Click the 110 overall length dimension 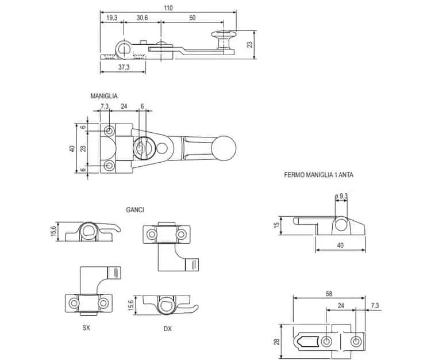click(168, 7)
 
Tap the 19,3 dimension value click(111, 18)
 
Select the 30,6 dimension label click(142, 18)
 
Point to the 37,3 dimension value click(124, 67)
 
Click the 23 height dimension click(249, 44)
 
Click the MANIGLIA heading click(104, 96)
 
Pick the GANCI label click(135, 210)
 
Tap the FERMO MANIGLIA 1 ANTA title click(318, 175)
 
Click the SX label click(86, 328)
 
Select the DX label click(167, 328)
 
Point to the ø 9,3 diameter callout click(341, 196)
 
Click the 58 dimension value click(329, 294)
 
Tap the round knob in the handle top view click(224, 148)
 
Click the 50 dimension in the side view click(193, 18)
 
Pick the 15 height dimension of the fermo click(276, 224)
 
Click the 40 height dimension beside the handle click(72, 148)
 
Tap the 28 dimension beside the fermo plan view click(276, 342)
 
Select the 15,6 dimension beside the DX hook click(130, 305)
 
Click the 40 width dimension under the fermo click(340, 245)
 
